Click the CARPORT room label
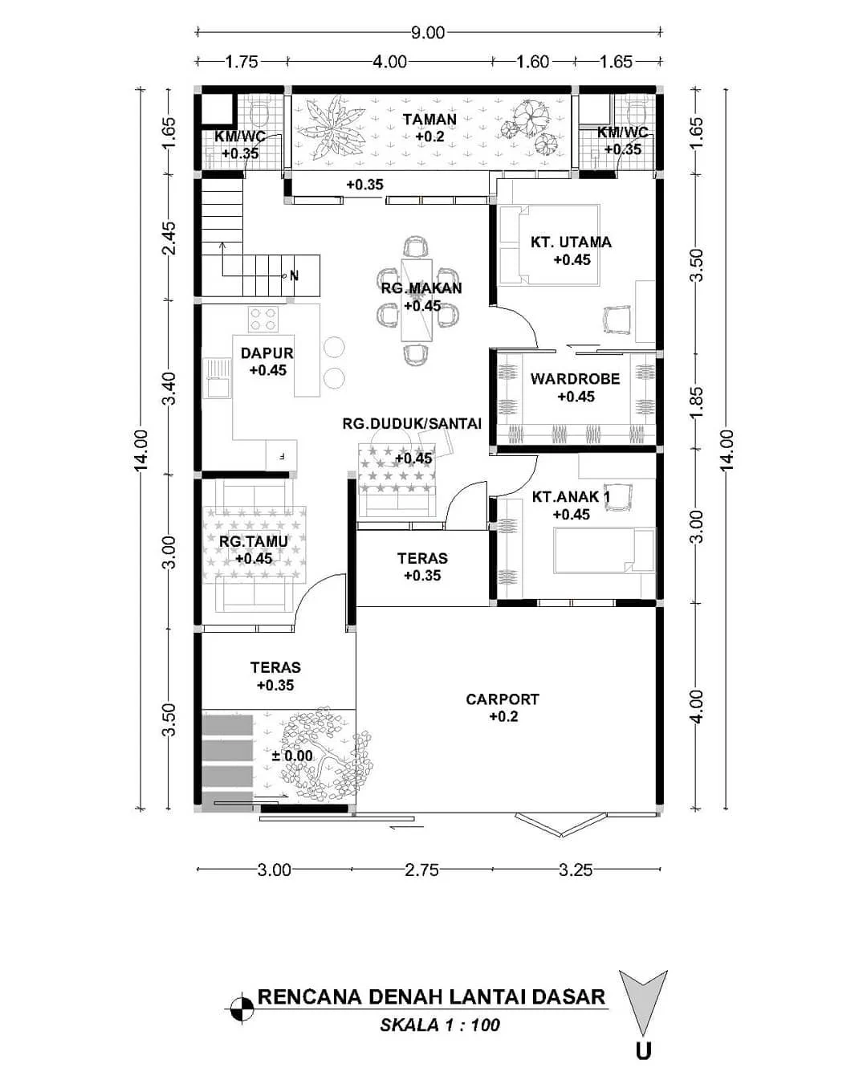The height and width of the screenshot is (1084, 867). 503,699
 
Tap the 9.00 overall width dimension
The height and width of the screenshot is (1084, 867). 428,33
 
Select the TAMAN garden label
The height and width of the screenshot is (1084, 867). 429,120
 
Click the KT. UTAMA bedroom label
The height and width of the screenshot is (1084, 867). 571,242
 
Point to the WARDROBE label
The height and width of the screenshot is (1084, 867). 575,379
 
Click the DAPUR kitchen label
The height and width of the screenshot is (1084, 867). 267,353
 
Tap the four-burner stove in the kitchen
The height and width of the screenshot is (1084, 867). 263,319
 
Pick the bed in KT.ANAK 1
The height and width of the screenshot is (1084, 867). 604,550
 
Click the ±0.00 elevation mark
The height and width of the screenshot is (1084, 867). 292,756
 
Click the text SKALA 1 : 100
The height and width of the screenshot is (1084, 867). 440,1025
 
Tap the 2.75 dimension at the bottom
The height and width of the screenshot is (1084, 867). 421,870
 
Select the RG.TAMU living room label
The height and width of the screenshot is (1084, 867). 254,542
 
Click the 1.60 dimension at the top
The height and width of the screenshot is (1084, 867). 532,62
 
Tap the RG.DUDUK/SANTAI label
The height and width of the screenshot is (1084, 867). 412,423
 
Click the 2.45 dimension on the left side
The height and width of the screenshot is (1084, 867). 169,238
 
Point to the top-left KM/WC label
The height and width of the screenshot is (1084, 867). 239,137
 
